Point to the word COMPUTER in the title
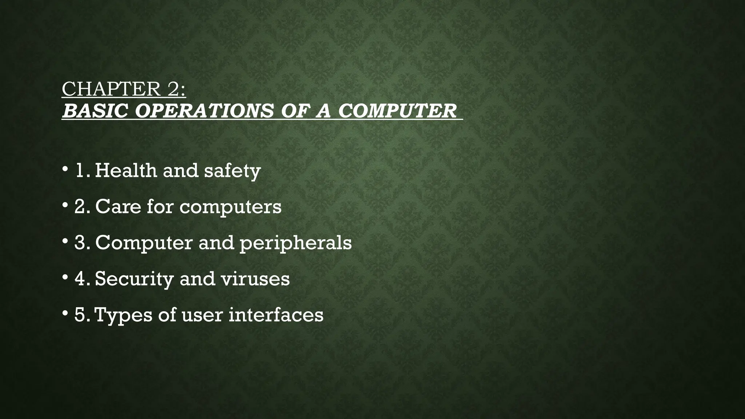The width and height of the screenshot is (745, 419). click(397, 111)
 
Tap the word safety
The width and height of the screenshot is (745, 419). click(232, 171)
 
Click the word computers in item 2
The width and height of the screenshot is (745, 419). click(230, 207)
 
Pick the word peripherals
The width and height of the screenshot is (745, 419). click(295, 243)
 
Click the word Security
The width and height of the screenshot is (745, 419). click(134, 279)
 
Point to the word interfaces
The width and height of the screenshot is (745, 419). click(276, 315)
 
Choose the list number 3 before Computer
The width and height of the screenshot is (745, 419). click(81, 243)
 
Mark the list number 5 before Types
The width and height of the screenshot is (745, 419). click(81, 315)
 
